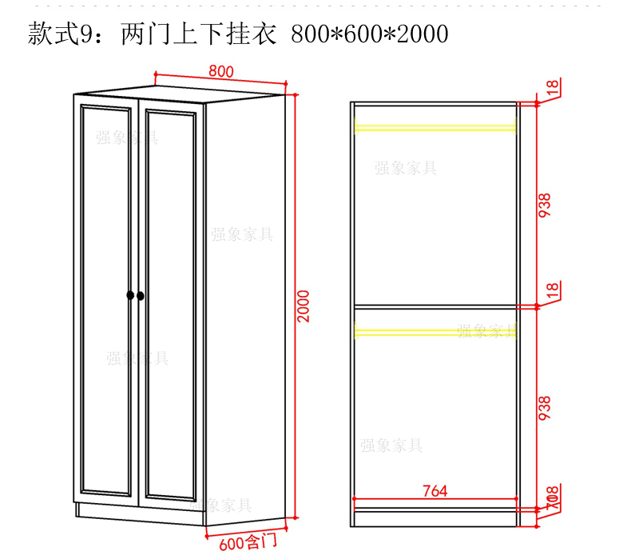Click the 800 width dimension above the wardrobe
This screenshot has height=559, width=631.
221,71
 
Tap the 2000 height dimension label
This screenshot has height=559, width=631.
304,305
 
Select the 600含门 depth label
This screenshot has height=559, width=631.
248,543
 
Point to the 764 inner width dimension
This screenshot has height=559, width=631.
435,490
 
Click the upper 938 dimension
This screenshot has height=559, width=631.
546,207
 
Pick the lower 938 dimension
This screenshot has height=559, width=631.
546,410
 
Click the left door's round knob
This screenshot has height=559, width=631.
130,296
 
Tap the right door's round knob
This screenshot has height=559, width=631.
141,296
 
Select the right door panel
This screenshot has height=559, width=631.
169,304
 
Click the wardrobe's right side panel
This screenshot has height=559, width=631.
244,312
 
